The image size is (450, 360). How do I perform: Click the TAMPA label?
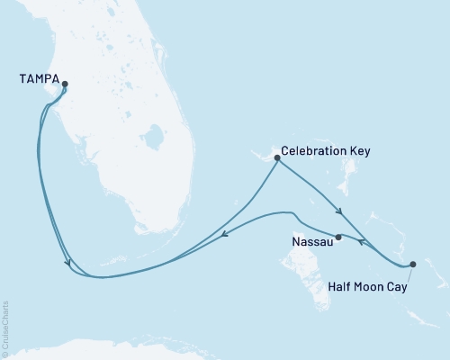(x=38, y=79)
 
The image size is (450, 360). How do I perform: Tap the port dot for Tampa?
(x=65, y=85)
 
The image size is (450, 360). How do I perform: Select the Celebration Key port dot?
(x=276, y=158)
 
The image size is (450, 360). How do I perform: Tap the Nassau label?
(x=310, y=242)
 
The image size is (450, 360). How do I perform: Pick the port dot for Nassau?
(x=338, y=238)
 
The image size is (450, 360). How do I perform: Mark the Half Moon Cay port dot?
(x=412, y=264)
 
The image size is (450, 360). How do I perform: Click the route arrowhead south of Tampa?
(x=69, y=264)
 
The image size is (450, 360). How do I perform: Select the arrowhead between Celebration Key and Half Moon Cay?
(x=339, y=212)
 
